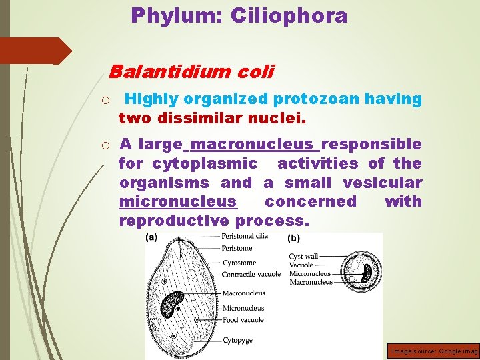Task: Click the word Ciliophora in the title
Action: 289,15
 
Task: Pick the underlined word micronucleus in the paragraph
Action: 177,201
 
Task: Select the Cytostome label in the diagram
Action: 239,263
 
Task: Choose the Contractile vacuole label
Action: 251,274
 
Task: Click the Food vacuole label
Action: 243,319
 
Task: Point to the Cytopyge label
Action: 238,341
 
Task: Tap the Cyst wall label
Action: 304,256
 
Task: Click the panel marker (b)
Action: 293,238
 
